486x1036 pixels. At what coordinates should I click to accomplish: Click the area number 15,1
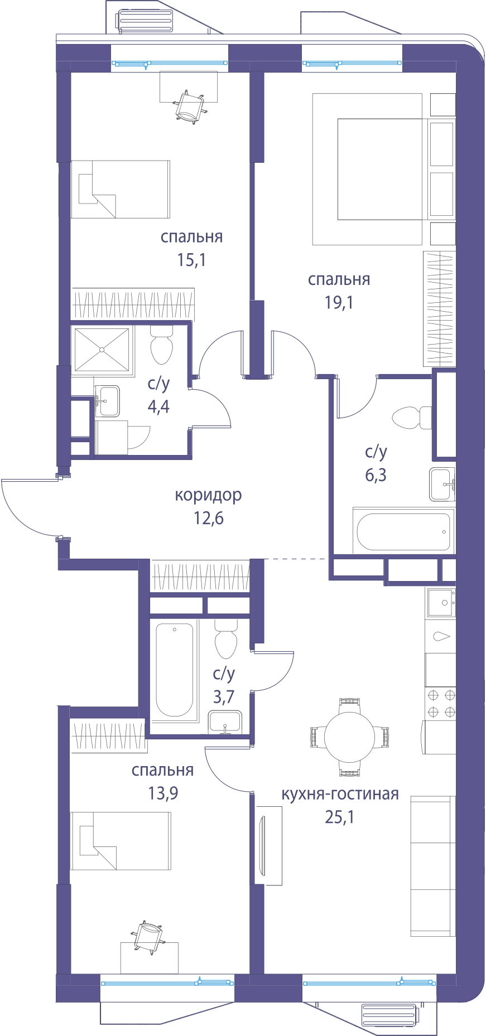(192, 260)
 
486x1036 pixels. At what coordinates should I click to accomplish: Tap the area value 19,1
(339, 303)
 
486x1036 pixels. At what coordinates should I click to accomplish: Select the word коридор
(209, 495)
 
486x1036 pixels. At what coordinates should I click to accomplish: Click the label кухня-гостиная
(340, 794)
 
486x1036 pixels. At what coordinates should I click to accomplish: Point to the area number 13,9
(163, 793)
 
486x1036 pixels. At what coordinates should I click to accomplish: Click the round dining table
(349, 737)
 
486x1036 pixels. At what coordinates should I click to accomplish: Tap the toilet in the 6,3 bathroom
(412, 418)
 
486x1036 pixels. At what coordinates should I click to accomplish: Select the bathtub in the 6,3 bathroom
(403, 531)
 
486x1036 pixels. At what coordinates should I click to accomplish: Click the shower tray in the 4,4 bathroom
(102, 350)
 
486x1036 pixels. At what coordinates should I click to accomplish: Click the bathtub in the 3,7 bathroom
(175, 670)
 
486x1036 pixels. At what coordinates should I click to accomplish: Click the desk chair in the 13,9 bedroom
(148, 937)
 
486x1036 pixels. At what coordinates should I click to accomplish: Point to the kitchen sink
(441, 603)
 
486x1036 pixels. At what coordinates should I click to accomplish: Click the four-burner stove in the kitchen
(441, 704)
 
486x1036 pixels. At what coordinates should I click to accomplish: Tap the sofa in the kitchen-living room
(433, 866)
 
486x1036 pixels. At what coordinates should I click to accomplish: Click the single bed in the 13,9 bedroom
(121, 841)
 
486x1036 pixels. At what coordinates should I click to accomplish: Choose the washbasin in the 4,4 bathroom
(107, 401)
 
